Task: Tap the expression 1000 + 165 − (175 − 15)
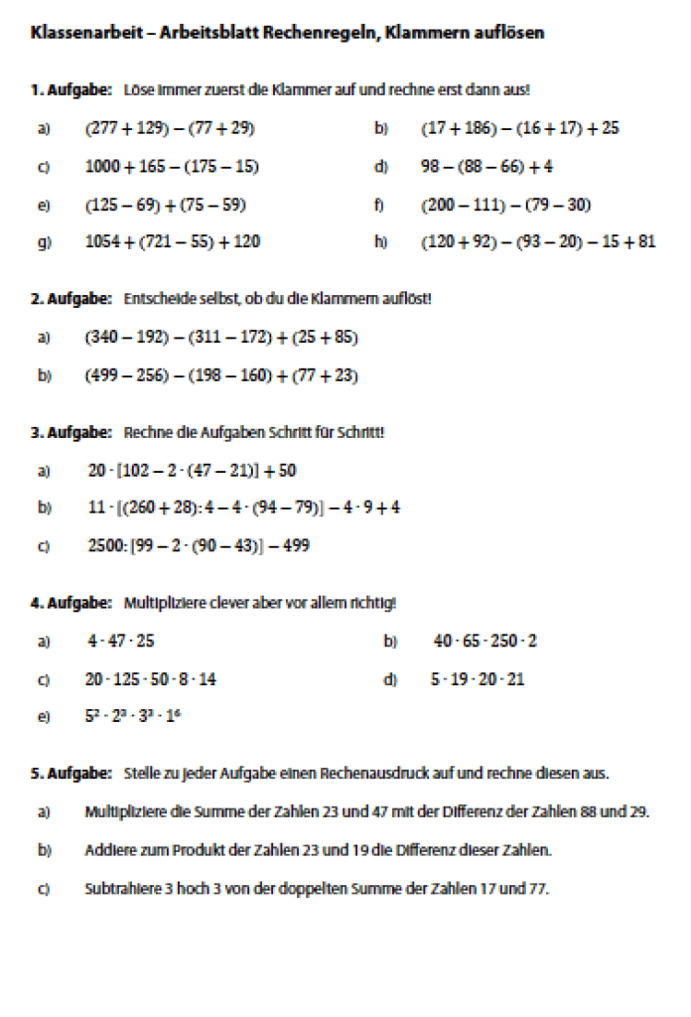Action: click(172, 167)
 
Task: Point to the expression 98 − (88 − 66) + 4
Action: click(486, 167)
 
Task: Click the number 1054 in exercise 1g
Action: click(102, 241)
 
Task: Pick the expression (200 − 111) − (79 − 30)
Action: click(506, 205)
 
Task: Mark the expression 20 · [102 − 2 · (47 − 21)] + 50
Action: click(192, 471)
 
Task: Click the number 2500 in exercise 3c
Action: click(104, 545)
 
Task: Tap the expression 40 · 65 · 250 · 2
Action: click(484, 642)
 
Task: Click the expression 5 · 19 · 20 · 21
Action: click(477, 679)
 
